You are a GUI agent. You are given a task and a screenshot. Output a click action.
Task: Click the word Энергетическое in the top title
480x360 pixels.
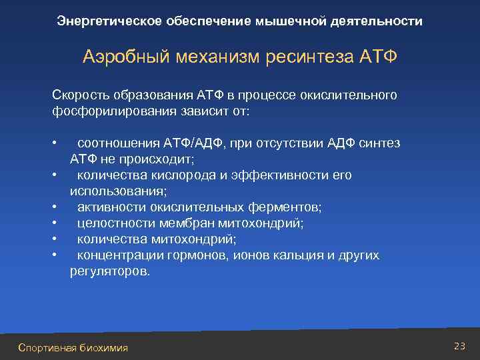(99, 21)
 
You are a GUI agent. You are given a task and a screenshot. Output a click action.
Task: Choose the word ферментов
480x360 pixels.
(283, 207)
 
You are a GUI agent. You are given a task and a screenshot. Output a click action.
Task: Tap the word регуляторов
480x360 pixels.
(110, 272)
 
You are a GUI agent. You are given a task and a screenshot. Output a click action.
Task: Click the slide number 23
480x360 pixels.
(459, 345)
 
